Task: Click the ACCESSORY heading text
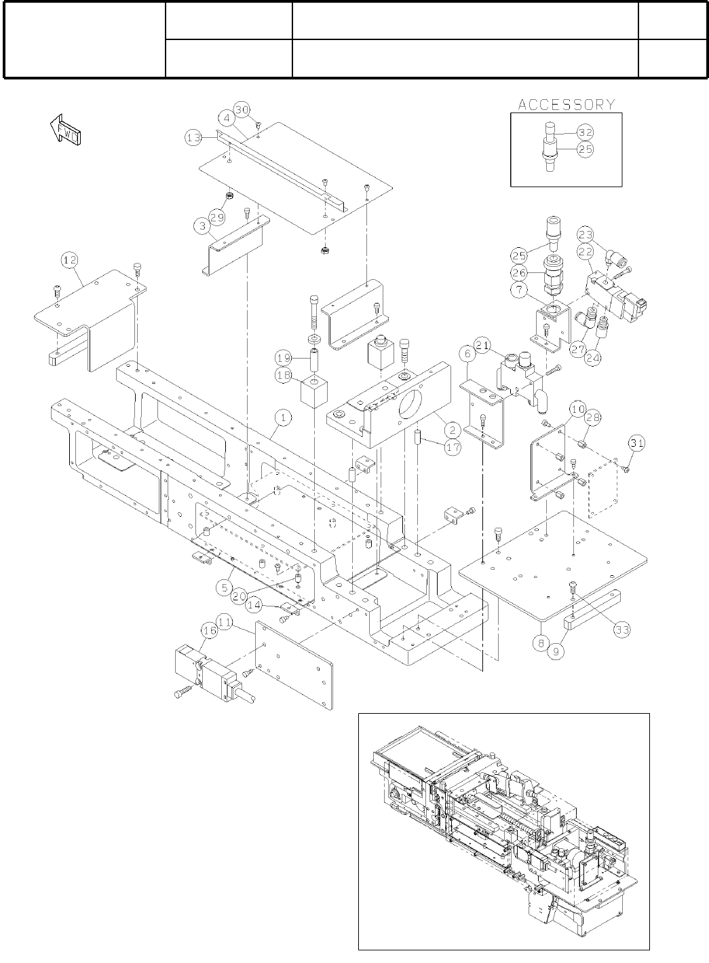coord(567,105)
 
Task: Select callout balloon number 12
coord(70,259)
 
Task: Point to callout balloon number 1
coord(283,418)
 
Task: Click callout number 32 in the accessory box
coord(585,132)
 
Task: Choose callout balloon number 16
coord(208,632)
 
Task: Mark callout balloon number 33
coord(621,630)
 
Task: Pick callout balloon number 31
coord(636,443)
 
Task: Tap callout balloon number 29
coord(216,217)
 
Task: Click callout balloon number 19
coord(283,357)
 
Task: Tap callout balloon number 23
coord(585,234)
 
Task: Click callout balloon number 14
coord(254,603)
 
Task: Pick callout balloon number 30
coord(242,110)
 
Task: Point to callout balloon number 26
coord(518,274)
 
